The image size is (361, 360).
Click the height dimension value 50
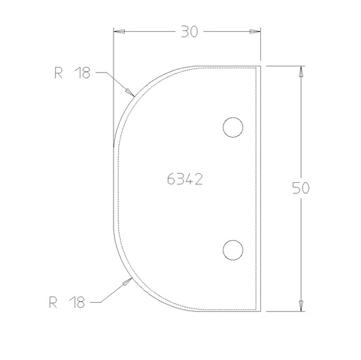(301, 188)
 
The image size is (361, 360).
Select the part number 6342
(185, 179)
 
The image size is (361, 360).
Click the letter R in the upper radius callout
(57, 72)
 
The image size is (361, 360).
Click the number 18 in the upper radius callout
(83, 72)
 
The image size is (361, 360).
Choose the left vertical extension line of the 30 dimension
(114, 85)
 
